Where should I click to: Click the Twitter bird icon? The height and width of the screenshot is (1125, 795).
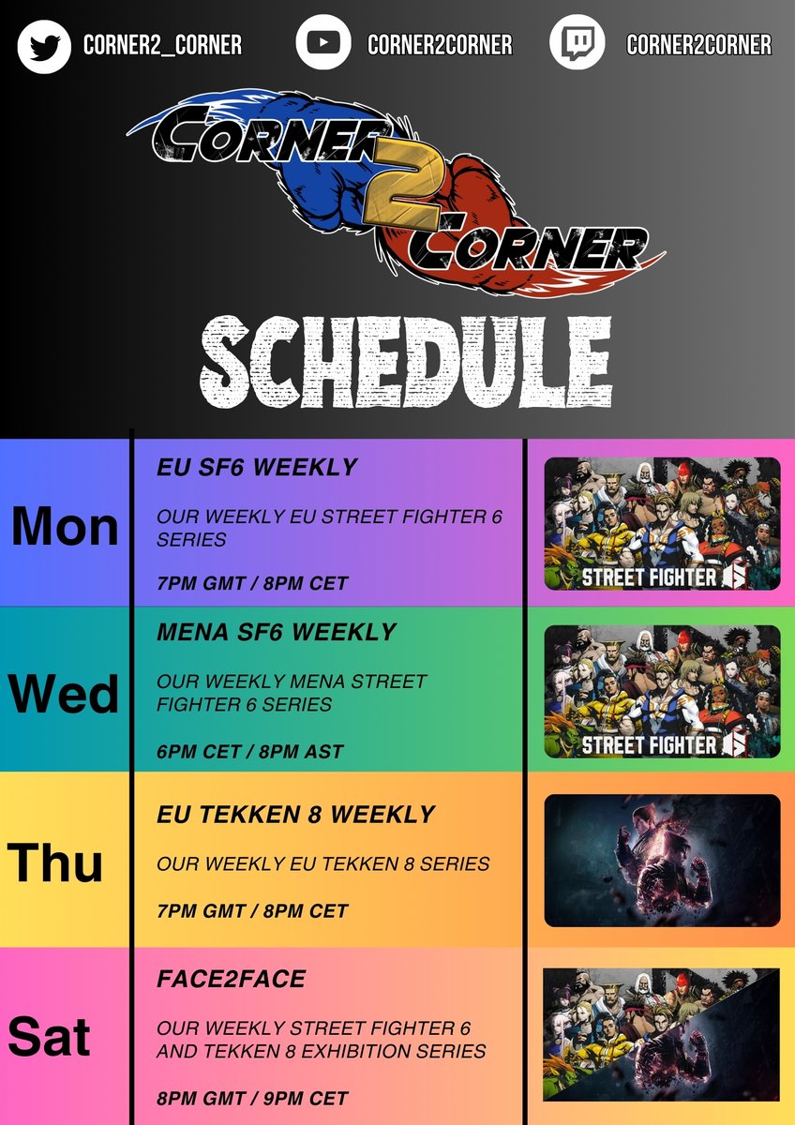44,43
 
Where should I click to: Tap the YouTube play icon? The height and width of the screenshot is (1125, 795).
323,43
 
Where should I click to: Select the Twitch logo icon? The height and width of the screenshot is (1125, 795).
577,43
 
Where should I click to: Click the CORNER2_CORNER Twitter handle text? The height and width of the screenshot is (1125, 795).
162,44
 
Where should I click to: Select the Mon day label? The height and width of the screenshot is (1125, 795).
65,527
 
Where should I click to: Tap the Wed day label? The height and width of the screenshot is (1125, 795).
64,694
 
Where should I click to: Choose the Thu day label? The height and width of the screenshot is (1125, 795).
55,862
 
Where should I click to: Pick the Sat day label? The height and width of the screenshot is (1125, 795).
49,1037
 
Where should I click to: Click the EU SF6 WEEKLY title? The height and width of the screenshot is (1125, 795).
257,467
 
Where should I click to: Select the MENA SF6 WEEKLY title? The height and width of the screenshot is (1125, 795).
277,633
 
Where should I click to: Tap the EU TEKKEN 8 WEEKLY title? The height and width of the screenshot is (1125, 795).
295,815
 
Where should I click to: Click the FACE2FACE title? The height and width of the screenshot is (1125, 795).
231,980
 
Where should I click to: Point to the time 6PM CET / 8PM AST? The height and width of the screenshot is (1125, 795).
250,751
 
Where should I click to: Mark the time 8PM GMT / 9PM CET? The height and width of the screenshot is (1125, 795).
252,1098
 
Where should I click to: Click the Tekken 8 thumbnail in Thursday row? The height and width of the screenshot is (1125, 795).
662,861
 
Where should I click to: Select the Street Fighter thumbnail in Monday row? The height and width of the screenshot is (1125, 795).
662,523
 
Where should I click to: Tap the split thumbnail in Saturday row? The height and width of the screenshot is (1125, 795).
662,1033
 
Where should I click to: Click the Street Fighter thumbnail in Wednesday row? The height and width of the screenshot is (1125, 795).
662,692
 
